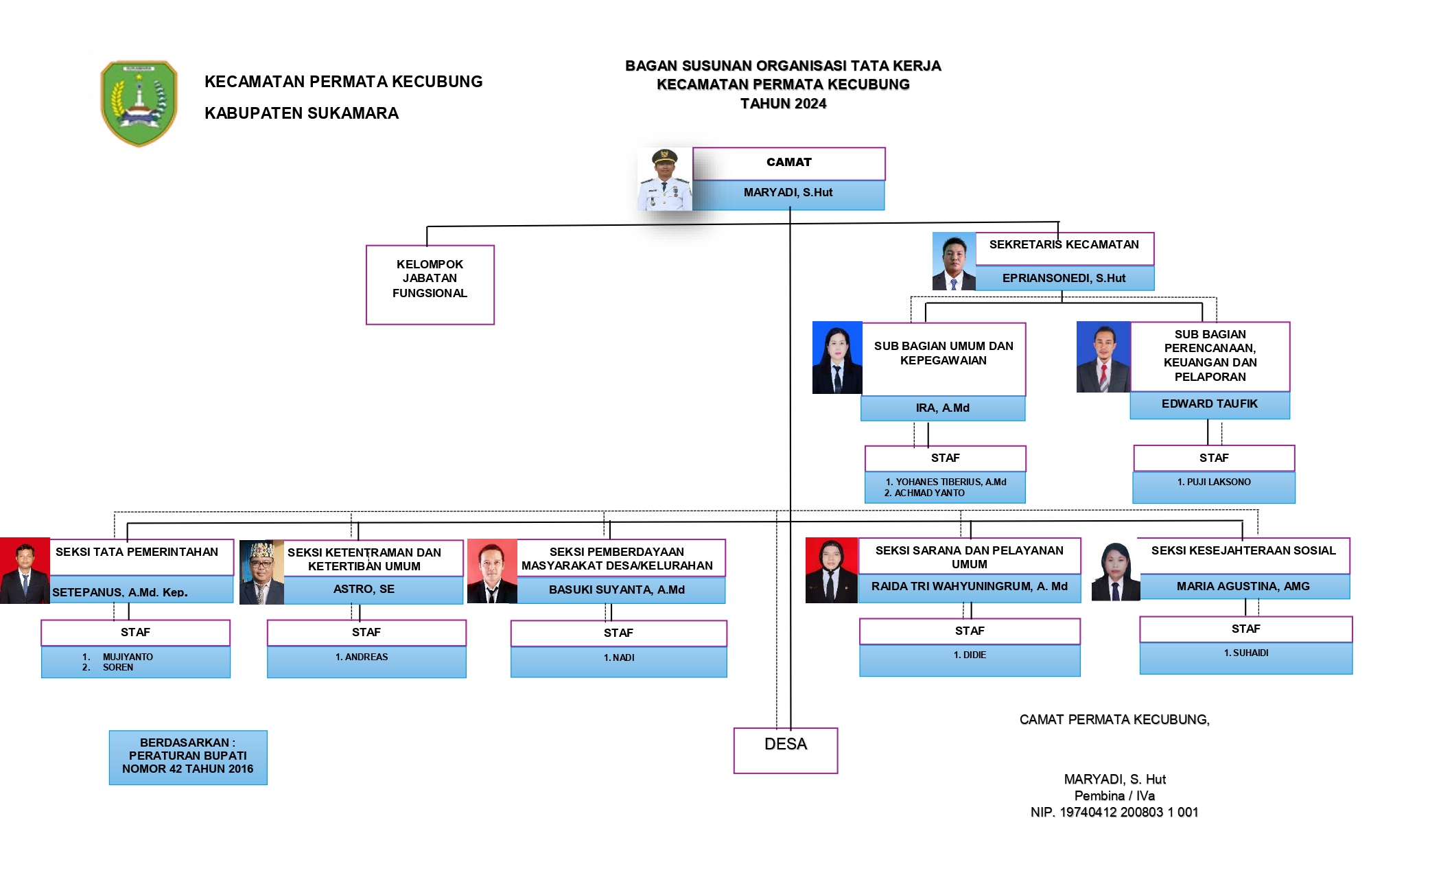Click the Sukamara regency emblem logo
tap(139, 103)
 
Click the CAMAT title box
tap(788, 163)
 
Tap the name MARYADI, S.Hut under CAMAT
tap(788, 193)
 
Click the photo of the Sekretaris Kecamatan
tap(954, 261)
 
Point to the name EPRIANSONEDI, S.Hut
tap(1064, 278)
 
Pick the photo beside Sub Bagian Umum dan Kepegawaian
tap(837, 358)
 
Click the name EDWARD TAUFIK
tap(1209, 404)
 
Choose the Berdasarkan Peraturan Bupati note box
tap(188, 756)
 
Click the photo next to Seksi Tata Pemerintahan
tap(25, 570)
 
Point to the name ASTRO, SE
tap(364, 590)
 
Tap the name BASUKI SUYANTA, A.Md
tap(616, 590)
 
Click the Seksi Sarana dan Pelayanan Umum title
tap(969, 557)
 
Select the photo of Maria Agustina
tap(1115, 570)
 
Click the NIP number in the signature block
tap(1114, 813)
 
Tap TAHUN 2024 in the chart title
tap(783, 104)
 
